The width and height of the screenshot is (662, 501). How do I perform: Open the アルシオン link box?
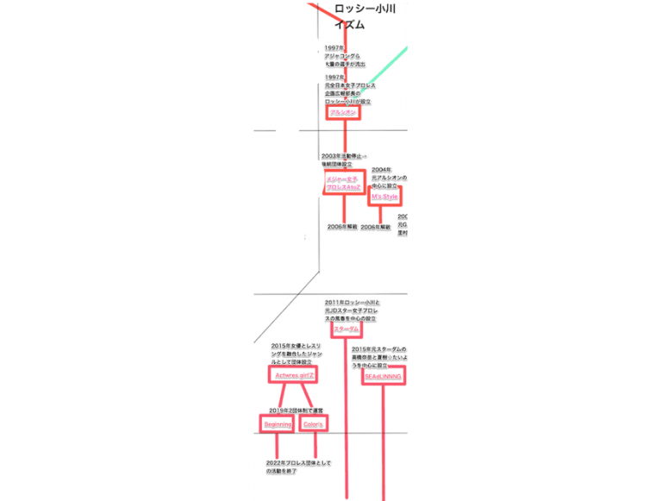[342, 112]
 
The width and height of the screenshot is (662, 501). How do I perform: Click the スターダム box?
[346, 329]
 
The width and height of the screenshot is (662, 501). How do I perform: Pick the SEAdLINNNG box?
[383, 377]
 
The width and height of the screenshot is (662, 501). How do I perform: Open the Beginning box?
[278, 424]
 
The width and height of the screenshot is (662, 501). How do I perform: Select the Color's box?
[313, 424]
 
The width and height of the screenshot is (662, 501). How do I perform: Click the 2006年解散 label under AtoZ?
[341, 227]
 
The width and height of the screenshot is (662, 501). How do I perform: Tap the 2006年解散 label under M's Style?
[375, 228]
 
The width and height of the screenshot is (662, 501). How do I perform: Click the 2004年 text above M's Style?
[387, 177]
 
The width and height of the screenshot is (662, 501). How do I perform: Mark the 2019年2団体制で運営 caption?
[296, 410]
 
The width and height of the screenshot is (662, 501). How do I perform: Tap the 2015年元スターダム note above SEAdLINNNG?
[379, 357]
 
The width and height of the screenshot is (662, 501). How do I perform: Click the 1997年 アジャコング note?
[345, 56]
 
